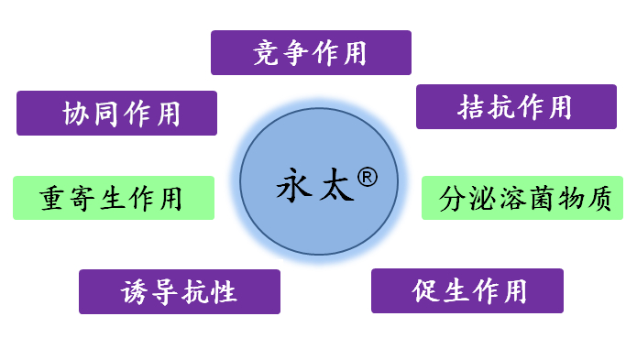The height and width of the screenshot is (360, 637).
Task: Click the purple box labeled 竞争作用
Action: pos(311,52)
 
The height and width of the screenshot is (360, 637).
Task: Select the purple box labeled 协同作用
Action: pos(116,113)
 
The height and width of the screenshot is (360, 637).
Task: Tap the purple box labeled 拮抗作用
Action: pos(516,106)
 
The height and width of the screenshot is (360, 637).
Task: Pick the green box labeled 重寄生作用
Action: pos(113,198)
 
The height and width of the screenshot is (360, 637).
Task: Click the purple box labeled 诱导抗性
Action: pos(180,291)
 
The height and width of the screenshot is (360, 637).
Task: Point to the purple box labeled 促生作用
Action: pos(467,290)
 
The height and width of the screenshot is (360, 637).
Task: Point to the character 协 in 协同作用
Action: pos(77,114)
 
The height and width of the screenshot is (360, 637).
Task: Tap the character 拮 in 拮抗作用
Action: pos(471,107)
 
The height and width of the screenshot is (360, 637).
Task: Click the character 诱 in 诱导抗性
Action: pos(135,292)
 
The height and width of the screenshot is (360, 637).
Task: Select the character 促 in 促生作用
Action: pos(425,291)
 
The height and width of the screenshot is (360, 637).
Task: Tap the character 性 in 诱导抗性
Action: pos(224,292)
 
